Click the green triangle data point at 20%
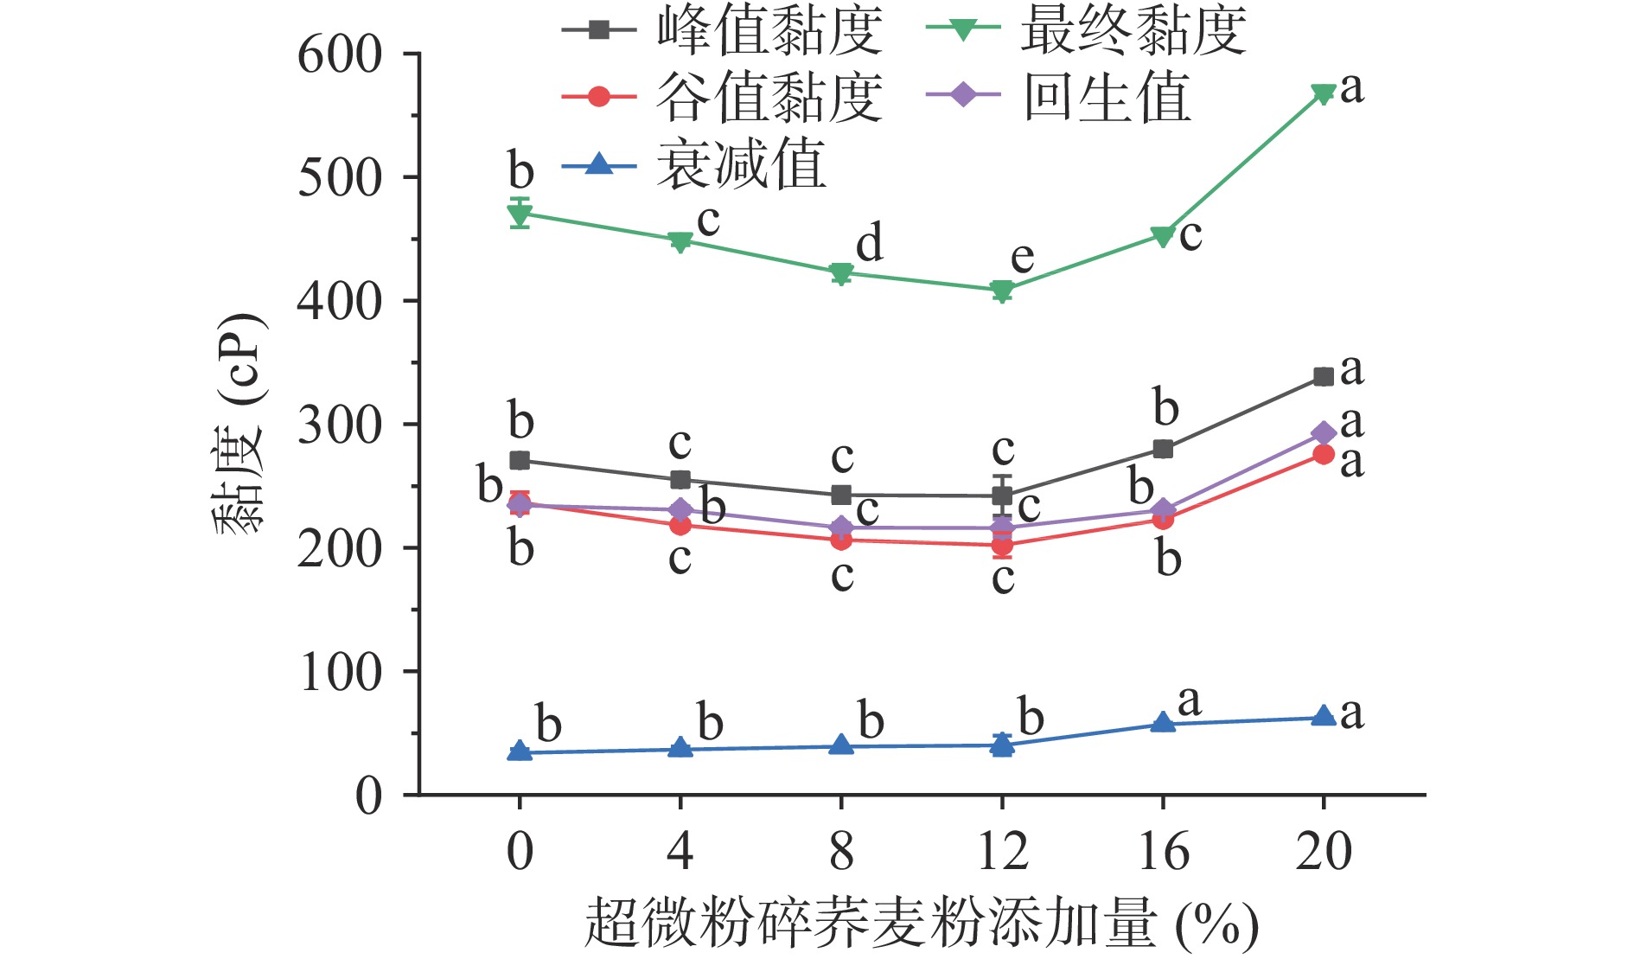[1323, 93]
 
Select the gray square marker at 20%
[1323, 376]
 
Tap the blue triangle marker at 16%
[1163, 723]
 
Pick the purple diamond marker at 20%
[1323, 433]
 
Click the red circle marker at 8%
[841, 540]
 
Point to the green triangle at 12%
[1002, 291]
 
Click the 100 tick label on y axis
[339, 673]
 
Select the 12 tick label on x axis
[1002, 851]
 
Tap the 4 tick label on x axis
[680, 851]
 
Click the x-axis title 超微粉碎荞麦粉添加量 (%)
[921, 924]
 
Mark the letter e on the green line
[1022, 257]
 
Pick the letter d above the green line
[870, 242]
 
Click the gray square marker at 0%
[520, 460]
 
